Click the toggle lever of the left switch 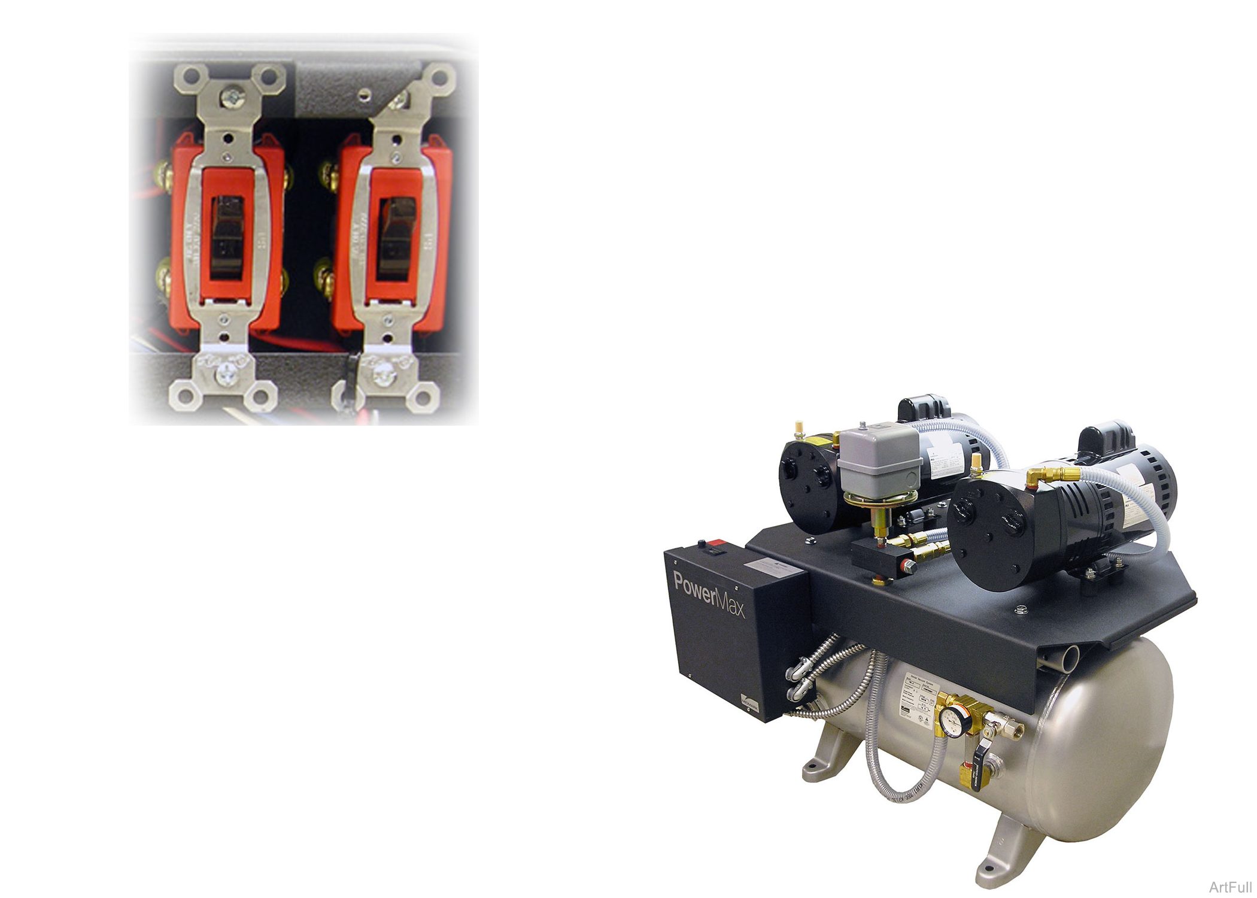point(226,237)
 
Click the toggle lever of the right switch point(396,238)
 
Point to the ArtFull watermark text point(1229,887)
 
